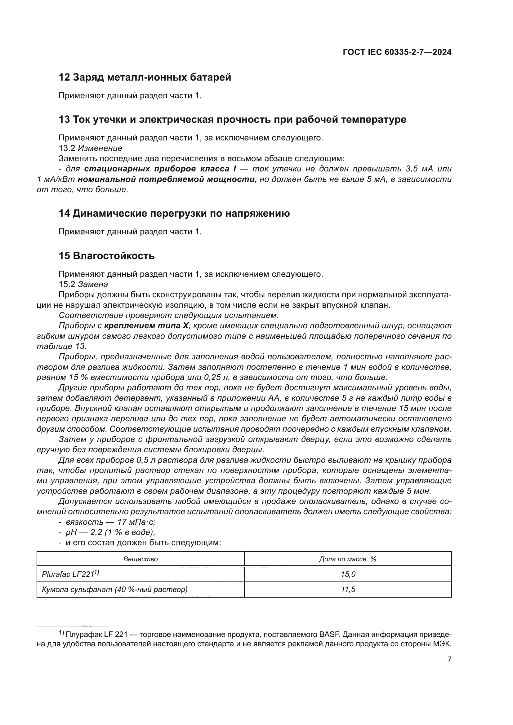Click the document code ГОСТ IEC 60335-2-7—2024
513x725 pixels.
[x=397, y=52]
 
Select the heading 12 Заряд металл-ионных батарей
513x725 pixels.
[x=145, y=77]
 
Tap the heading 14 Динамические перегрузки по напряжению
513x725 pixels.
[x=174, y=214]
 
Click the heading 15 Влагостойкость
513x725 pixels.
[x=106, y=255]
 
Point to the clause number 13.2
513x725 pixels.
[x=67, y=148]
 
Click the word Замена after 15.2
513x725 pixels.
[x=93, y=284]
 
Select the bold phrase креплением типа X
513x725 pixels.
[x=146, y=325]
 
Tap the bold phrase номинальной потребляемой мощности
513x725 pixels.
[x=166, y=179]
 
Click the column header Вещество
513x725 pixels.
[x=140, y=559]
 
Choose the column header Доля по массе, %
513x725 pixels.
[x=347, y=559]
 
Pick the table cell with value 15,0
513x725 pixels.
[x=348, y=574]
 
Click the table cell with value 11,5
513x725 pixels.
[x=348, y=590]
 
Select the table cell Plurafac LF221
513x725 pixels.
[x=70, y=574]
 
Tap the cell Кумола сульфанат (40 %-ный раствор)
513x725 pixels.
[x=115, y=590]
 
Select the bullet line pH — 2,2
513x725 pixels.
[x=110, y=533]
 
